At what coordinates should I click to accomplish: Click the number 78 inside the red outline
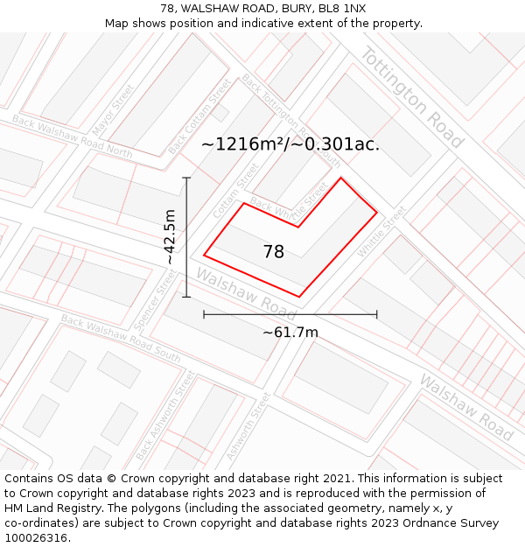pyautogui.click(x=273, y=252)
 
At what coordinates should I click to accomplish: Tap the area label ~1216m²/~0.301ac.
pyautogui.click(x=290, y=144)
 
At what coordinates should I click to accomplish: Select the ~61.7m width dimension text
pyautogui.click(x=290, y=332)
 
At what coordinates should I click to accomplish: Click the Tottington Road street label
pyautogui.click(x=411, y=96)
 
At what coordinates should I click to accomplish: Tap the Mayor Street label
pyautogui.click(x=114, y=109)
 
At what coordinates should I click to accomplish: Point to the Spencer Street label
pyautogui.click(x=155, y=300)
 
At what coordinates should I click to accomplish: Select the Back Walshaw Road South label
pyautogui.click(x=121, y=340)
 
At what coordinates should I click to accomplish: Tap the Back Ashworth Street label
pyautogui.click(x=165, y=415)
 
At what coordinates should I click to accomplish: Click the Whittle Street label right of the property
pyautogui.click(x=381, y=232)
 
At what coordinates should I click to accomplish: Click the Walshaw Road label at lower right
pyautogui.click(x=465, y=408)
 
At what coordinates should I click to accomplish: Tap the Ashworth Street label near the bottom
pyautogui.click(x=249, y=426)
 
